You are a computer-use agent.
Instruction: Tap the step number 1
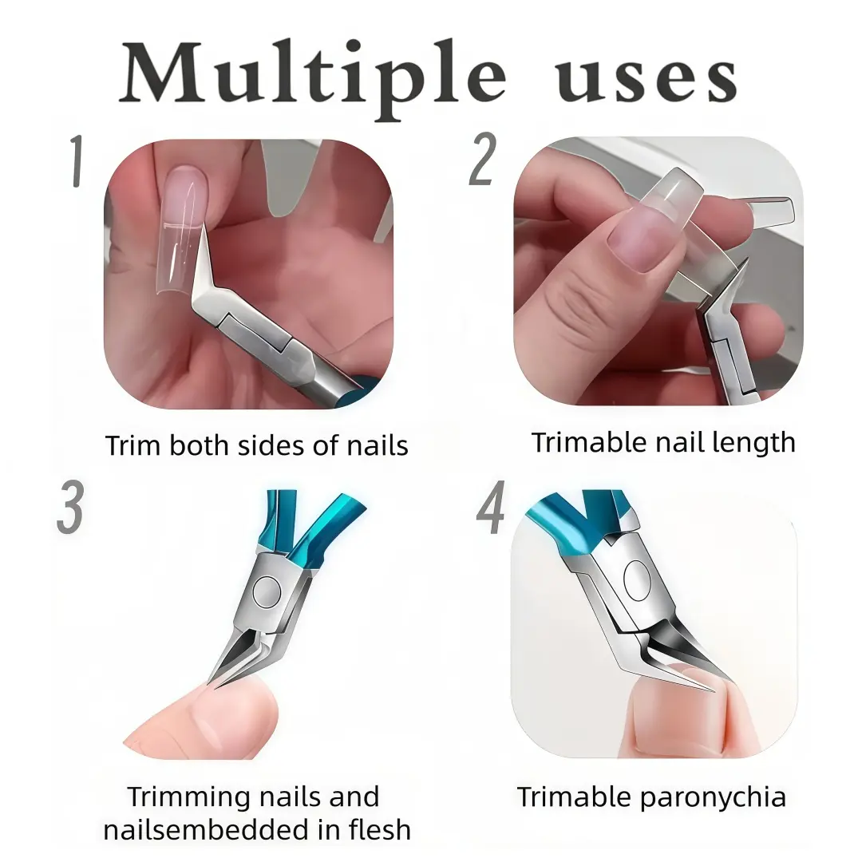77,160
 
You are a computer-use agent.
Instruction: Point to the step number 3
70,507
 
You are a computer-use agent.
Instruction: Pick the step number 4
490,507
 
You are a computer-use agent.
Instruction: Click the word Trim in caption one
133,445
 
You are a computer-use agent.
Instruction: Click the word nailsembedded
206,830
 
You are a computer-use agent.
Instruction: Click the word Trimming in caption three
189,798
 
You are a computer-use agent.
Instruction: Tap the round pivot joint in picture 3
267,592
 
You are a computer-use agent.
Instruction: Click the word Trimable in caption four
574,797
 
